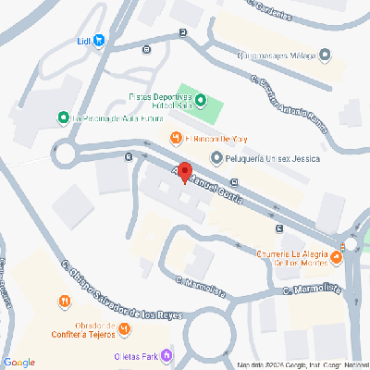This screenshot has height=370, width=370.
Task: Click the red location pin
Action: [x=184, y=173]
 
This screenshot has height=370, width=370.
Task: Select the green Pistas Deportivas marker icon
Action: [x=203, y=100]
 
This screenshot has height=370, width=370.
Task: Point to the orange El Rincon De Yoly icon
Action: [x=174, y=139]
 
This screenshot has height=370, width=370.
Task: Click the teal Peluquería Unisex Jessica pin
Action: [x=216, y=158]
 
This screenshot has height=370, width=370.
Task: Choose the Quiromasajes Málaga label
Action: [x=274, y=54]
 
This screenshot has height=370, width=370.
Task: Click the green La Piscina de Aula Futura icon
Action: [x=63, y=117]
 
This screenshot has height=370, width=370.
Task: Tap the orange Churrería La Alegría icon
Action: [x=260, y=255]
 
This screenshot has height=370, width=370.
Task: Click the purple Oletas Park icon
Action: [x=166, y=354]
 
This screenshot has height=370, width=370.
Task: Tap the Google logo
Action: [x=19, y=362]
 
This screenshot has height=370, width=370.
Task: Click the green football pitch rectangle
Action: [x=211, y=111]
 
